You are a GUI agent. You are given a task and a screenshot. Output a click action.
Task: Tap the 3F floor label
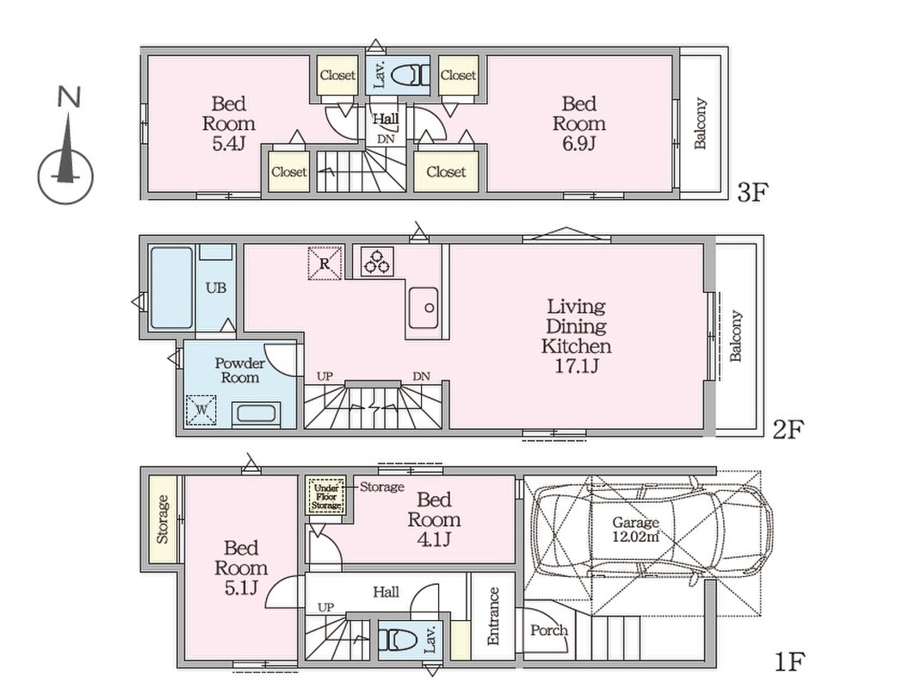pos(751,192)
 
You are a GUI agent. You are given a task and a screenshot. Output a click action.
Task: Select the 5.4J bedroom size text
pos(228,143)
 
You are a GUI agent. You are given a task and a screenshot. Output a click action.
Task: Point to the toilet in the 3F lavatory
pos(409,75)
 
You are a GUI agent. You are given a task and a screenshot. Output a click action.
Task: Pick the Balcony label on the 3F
pos(701,123)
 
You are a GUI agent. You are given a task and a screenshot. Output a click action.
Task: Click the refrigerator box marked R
pos(325,263)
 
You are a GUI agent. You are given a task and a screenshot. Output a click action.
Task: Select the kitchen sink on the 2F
pos(423,307)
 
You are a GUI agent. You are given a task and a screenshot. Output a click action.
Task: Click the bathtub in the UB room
pos(171,288)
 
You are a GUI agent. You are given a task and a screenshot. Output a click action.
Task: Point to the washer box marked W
pos(201,409)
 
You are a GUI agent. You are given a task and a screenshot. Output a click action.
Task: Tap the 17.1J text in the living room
pos(576,366)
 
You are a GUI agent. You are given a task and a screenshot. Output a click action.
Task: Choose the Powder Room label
pos(239,370)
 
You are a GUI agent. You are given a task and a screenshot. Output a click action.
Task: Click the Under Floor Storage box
pos(326,496)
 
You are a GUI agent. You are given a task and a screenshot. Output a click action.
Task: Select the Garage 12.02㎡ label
pos(635,530)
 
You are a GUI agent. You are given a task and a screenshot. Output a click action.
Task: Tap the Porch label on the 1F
pos(548,630)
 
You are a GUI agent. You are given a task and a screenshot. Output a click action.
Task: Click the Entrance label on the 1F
pos(493,616)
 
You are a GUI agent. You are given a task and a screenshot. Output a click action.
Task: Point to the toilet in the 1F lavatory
pos(398,640)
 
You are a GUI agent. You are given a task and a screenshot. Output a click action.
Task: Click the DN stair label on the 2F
pos(421,376)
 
